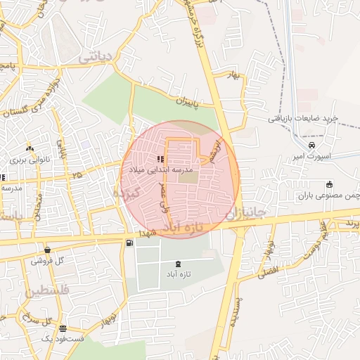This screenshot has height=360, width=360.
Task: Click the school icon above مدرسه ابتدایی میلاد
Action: click(161, 159)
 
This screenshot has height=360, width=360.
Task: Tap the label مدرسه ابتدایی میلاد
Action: click(156, 170)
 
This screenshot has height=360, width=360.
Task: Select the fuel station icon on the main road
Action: click(129, 243)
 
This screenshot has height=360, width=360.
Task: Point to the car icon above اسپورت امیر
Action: click(302, 146)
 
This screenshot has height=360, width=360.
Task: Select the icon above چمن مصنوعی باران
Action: click(328, 185)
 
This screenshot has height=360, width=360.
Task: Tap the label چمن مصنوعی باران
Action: click(325, 196)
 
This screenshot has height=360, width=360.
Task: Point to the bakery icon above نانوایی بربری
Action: click(30, 148)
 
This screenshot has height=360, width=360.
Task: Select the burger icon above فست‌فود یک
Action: click(63, 328)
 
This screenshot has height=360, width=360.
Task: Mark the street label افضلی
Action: click(267, 271)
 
